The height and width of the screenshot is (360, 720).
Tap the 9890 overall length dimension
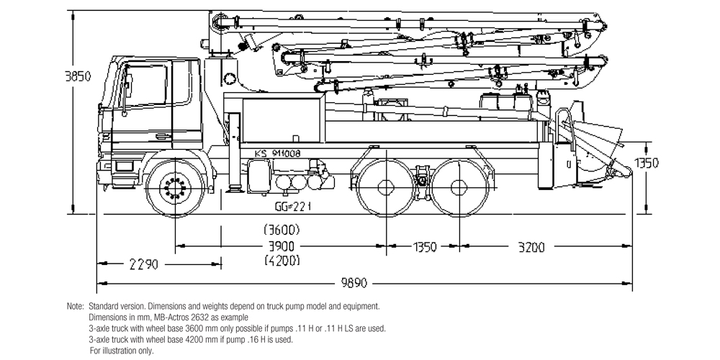(x=367, y=282)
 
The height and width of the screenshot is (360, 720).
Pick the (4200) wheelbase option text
(x=282, y=261)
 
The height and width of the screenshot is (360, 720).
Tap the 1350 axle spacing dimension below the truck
(x=424, y=247)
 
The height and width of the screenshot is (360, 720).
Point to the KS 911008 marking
(x=277, y=153)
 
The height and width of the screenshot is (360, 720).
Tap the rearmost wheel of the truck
(x=459, y=186)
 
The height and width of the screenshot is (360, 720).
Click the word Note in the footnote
(x=75, y=307)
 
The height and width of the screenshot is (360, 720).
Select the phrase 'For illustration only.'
(x=122, y=351)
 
